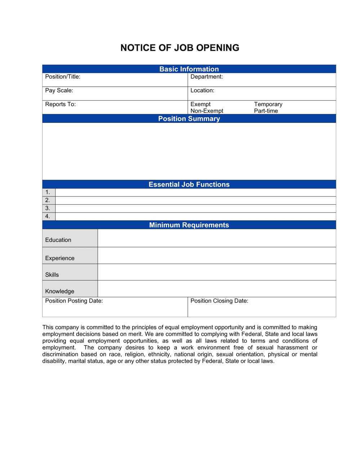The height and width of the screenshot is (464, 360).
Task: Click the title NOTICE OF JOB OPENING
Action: [180, 48]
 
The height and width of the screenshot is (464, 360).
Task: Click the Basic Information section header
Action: [189, 69]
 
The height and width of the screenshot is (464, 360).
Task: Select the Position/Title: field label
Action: [63, 77]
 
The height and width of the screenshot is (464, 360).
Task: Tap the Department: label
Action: [207, 77]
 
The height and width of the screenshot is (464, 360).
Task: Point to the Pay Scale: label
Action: [59, 90]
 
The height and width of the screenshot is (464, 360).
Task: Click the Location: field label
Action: [202, 90]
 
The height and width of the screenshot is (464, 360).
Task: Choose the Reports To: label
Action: [60, 104]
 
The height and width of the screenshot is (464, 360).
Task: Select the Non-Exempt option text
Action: [207, 111]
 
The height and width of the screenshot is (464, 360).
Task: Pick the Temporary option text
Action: [268, 104]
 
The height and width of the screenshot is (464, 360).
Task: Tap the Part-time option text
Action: [266, 111]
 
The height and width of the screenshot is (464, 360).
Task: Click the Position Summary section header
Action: [189, 119]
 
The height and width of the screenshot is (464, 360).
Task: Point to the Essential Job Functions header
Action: [189, 185]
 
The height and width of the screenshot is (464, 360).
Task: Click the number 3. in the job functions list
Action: [48, 208]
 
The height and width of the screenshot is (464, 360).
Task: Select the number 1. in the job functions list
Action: [48, 192]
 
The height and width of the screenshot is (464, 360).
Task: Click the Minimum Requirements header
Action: [189, 225]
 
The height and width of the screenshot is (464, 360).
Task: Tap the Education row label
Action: [58, 240]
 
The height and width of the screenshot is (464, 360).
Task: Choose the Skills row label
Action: [52, 275]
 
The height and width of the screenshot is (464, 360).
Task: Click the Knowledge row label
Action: [60, 291]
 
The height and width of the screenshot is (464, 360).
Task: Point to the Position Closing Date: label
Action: [219, 301]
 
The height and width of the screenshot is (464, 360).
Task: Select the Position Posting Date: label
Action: [74, 301]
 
